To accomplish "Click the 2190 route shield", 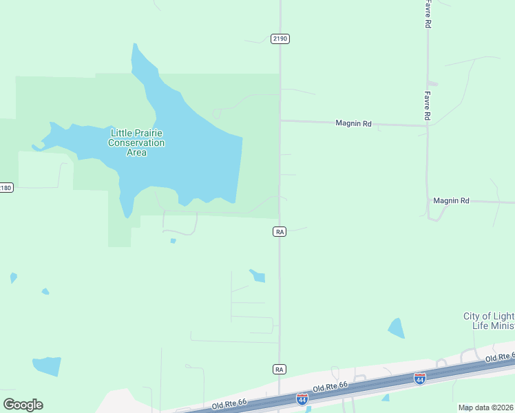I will tap(280, 39).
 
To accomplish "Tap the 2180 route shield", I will tap(6, 187).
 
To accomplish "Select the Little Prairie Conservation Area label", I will tap(136, 142).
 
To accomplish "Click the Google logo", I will tap(23, 405).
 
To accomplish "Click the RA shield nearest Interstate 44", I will tap(279, 370).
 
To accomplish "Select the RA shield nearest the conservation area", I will tap(279, 232).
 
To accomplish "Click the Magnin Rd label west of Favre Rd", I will tap(353, 123).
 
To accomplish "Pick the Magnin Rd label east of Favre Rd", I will tap(451, 200).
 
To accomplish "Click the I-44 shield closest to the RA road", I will tap(302, 399).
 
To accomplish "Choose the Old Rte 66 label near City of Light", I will tap(500, 357).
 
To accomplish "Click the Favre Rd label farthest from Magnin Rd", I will tap(428, 14).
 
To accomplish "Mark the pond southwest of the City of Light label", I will tap(396, 328).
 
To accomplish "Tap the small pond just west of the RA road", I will tap(257, 276).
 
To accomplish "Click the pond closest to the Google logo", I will tap(47, 366).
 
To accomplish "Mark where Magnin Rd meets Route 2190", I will tap(280, 120).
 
